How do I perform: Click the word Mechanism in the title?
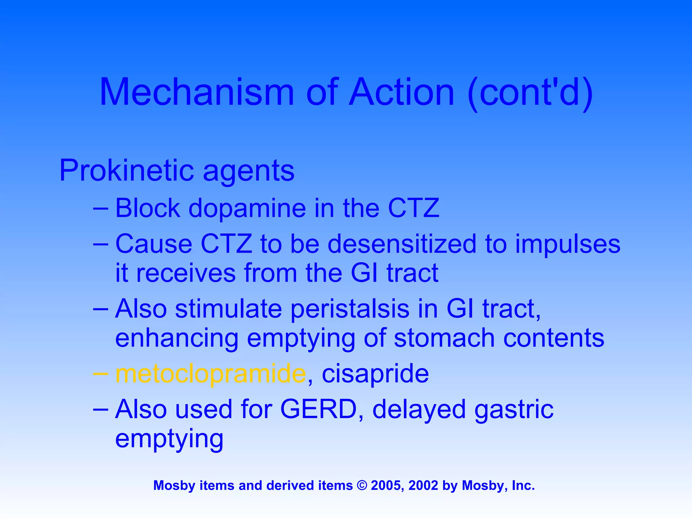click(x=197, y=92)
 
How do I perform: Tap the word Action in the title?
click(x=402, y=92)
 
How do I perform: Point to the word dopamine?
click(x=247, y=208)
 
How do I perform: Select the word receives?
click(x=186, y=273)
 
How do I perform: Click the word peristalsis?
click(x=350, y=309)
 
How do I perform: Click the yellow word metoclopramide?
click(x=211, y=374)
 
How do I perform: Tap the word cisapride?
click(x=375, y=374)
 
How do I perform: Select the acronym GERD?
click(x=319, y=409)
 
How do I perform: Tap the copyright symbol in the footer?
click(x=362, y=486)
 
